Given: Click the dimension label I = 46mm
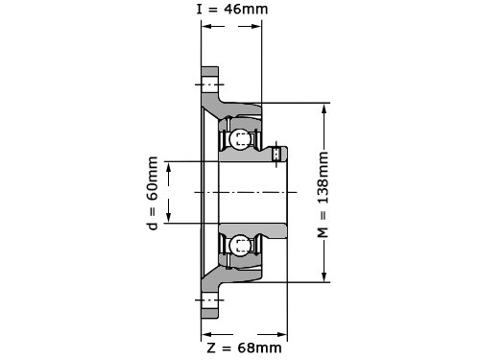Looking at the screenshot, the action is pos(232,9).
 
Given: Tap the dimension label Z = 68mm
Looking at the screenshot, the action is pos(245,348).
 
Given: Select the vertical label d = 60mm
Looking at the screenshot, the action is pos(153,193).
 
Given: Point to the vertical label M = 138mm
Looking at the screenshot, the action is pos(323,195).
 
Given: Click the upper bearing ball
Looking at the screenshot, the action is pos(239,138).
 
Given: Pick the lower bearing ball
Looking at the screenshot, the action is pos(239,246).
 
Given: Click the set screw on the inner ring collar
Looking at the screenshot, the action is pos(276,154).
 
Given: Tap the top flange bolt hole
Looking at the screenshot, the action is pos(210,84).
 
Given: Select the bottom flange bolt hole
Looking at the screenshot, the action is pos(210,300).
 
